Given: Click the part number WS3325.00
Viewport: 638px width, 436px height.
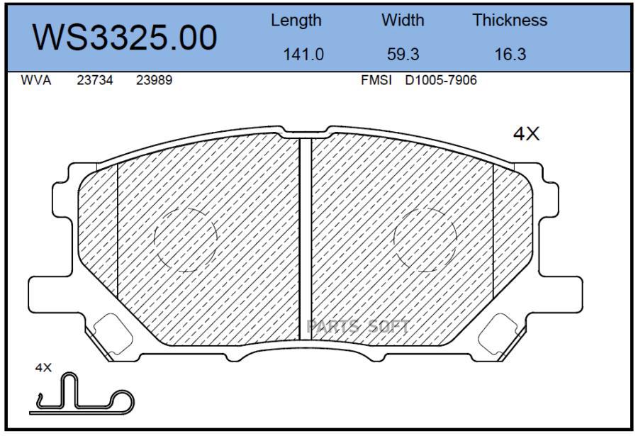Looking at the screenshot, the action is (125, 38).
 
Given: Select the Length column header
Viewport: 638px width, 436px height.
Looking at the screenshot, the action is (296, 21).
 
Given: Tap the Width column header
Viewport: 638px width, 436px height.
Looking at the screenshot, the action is (403, 20).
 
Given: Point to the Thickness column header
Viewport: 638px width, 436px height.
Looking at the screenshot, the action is (510, 20).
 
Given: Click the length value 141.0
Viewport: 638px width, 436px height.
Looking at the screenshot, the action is (303, 54).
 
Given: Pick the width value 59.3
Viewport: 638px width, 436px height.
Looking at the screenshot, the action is (403, 54).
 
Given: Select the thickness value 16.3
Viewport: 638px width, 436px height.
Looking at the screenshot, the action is (510, 54).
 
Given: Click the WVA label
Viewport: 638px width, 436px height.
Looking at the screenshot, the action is (36, 80).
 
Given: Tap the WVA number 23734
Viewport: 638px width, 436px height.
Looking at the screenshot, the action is (95, 80).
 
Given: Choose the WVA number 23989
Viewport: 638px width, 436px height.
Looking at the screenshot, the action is (155, 80).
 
